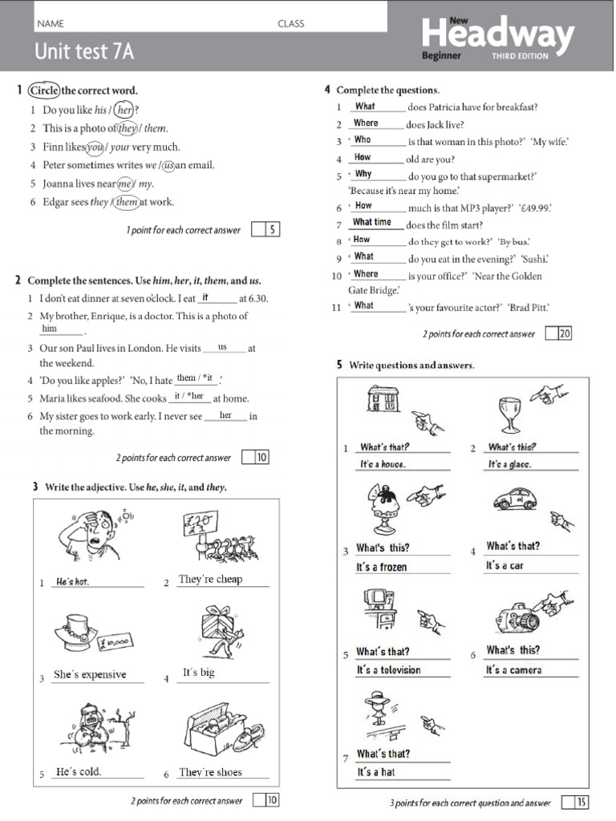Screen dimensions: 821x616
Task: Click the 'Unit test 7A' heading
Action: pyautogui.click(x=83, y=52)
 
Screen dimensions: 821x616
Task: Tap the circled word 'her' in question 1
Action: pyautogui.click(x=124, y=110)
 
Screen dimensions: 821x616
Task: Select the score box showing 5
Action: pyautogui.click(x=273, y=230)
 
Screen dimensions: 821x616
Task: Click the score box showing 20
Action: pyautogui.click(x=565, y=334)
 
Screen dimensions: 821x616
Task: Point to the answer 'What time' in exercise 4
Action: pyautogui.click(x=372, y=222)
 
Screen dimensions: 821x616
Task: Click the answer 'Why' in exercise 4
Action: pyautogui.click(x=363, y=173)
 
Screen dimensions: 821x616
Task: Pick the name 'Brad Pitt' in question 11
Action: pyautogui.click(x=529, y=306)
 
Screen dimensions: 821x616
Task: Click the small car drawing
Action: pyautogui.click(x=513, y=501)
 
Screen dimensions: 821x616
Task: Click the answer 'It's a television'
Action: pyautogui.click(x=388, y=670)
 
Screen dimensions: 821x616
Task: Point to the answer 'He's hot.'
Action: pyautogui.click(x=72, y=581)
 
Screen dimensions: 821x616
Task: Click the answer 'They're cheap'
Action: pyautogui.click(x=210, y=579)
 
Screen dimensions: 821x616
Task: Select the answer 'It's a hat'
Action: pyautogui.click(x=376, y=772)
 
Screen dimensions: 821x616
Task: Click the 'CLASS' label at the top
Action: pyautogui.click(x=290, y=23)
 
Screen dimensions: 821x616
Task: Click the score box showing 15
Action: pyautogui.click(x=582, y=802)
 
